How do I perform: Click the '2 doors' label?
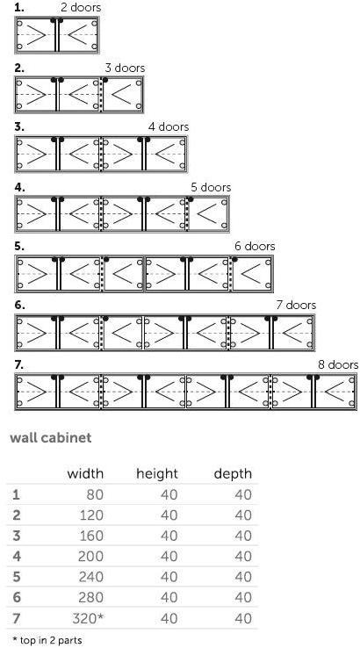point(81,7)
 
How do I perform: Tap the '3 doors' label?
point(125,68)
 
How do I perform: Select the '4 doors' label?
point(169,126)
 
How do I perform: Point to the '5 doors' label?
point(211,187)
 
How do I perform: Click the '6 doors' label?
point(255,247)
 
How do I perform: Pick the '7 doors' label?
point(297,306)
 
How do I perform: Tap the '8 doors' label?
point(338,365)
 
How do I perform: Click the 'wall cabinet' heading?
point(50,437)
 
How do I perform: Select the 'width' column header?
point(85,473)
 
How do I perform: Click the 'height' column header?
point(157,473)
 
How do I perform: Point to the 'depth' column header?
point(233,474)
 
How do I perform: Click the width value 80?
point(95,494)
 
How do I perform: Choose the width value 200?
point(90,557)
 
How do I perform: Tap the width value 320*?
point(88,618)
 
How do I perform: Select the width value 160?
point(91,536)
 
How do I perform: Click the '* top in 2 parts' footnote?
point(47,641)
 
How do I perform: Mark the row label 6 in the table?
point(17,598)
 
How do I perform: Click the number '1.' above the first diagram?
point(19,7)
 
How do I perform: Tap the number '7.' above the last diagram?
point(19,365)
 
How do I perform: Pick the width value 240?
point(90,577)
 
